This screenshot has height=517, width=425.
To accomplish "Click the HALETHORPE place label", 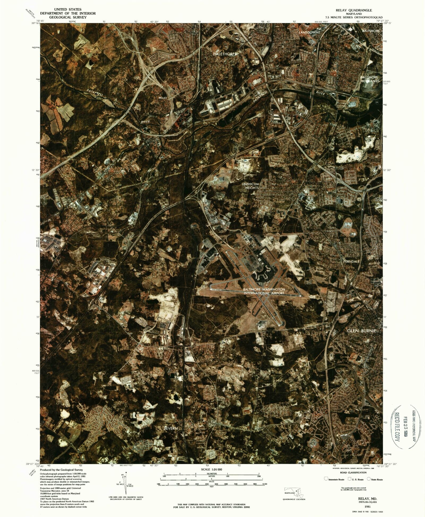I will tap(225, 54).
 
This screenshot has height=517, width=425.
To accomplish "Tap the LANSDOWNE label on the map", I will tap(309, 32).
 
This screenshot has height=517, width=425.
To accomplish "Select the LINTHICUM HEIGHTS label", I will tap(250, 186).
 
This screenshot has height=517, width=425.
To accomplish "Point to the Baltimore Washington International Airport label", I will tap(264, 291).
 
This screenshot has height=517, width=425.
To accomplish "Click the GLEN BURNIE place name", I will tap(362, 331).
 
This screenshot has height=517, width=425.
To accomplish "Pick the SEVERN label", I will tap(170, 428).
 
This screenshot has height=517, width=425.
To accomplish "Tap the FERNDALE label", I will tap(351, 261).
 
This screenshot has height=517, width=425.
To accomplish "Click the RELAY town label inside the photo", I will tap(163, 98).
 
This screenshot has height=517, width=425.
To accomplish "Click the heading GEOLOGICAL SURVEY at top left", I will tap(68, 17).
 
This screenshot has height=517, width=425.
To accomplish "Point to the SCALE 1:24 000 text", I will tap(211, 470).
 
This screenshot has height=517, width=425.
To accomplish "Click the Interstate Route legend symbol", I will tap(326, 479).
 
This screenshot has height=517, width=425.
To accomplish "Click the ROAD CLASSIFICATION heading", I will tap(353, 473).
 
